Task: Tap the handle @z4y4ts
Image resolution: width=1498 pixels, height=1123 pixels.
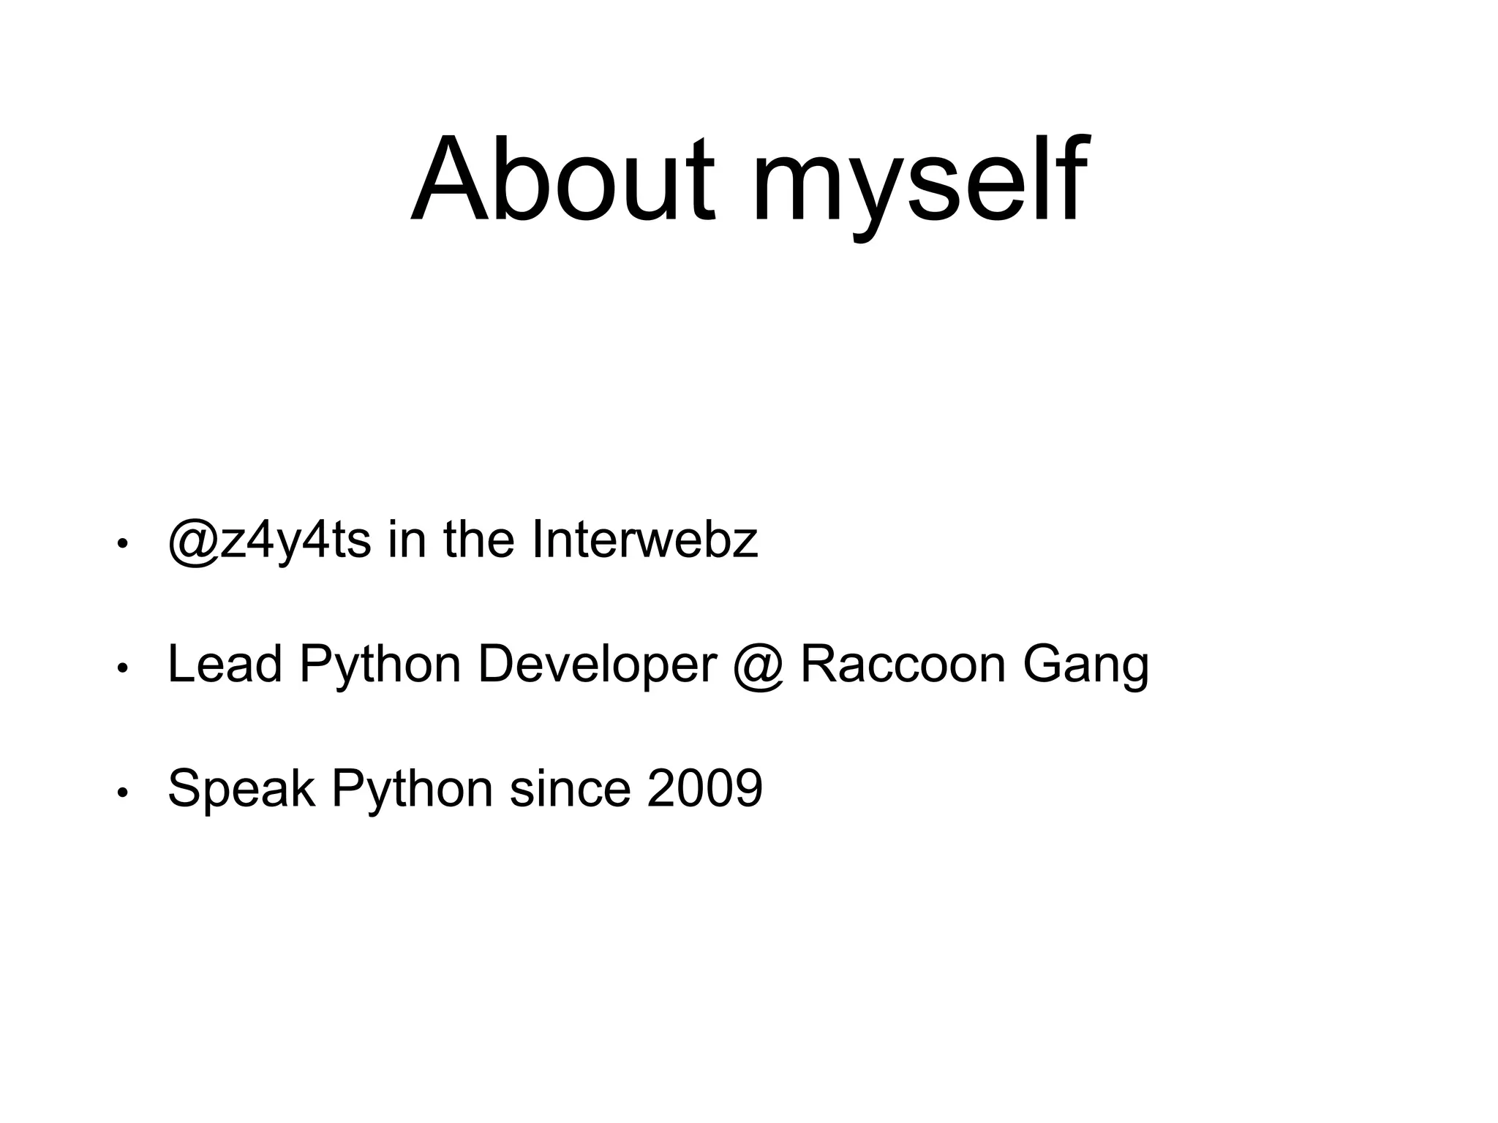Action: click(269, 541)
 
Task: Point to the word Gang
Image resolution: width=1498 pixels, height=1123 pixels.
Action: click(1085, 667)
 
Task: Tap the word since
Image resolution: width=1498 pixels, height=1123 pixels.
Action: click(570, 788)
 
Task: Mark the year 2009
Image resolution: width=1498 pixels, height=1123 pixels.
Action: click(704, 788)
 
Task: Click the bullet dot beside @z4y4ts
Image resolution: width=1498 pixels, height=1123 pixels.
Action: click(123, 544)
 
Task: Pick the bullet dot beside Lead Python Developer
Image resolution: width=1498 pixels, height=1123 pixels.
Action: click(123, 668)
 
